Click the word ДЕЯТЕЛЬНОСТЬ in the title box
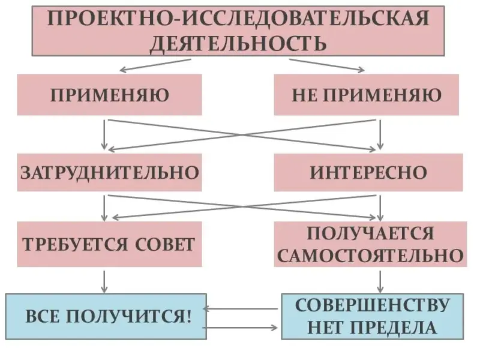tap(238, 44)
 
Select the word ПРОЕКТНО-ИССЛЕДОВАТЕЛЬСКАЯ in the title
tap(238, 19)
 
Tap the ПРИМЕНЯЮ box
tap(109, 95)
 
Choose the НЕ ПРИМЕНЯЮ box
tap(367, 95)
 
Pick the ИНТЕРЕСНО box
tap(368, 173)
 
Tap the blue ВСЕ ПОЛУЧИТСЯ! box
tap(106, 316)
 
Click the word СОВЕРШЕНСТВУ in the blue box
tap(372, 305)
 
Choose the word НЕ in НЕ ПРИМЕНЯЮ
tap(303, 95)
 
